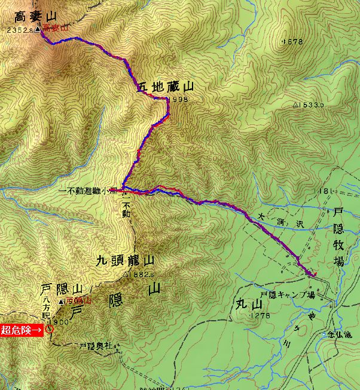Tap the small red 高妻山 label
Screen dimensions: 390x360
coord(56,28)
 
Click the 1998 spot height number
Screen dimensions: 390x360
coord(179,100)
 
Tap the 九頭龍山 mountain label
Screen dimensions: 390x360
coord(126,261)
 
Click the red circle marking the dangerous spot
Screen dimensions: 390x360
coord(49,328)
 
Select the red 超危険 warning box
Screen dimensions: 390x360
coord(22,329)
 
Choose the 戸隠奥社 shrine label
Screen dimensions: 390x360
coord(96,346)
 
